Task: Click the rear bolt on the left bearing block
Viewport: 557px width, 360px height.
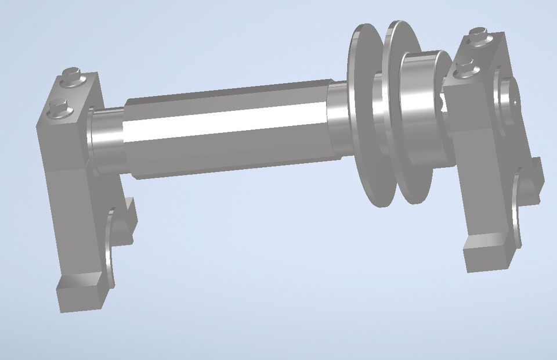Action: click(73, 74)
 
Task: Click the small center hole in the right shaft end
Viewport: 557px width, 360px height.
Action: click(515, 99)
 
